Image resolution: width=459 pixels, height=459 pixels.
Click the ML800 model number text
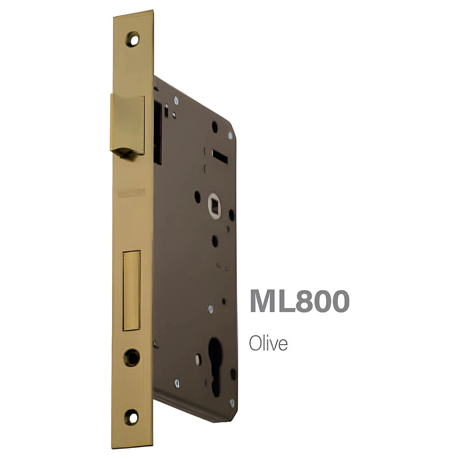pos(299,301)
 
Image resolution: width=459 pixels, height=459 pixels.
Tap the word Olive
pos(268,343)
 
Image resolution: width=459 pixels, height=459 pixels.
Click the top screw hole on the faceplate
pos(133,39)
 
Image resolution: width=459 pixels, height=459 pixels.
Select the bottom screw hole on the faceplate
pos(131,417)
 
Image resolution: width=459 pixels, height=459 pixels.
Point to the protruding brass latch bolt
pos(127,126)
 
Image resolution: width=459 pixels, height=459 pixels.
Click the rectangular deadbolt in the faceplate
pos(131,291)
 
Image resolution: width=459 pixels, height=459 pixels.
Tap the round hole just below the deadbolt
pos(131,358)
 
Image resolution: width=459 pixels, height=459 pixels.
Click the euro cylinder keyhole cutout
pos(216,366)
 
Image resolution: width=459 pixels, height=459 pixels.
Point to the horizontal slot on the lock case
pos(219,157)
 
